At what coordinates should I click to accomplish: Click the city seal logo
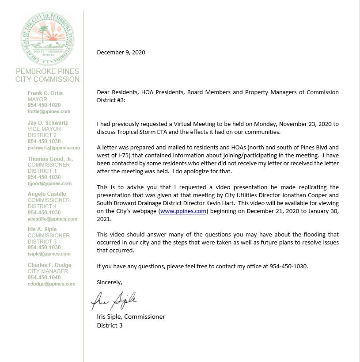click(x=47, y=38)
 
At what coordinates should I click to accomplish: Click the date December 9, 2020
click(x=121, y=52)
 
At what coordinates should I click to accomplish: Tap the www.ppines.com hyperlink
click(x=183, y=211)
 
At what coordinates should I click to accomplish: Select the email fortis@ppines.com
click(x=49, y=112)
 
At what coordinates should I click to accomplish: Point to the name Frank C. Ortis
click(x=45, y=93)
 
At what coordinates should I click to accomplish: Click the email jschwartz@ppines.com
click(x=54, y=148)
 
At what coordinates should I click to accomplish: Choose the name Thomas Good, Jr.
click(x=50, y=159)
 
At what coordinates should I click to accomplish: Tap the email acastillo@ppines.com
click(x=53, y=219)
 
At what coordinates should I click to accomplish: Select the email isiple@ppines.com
click(x=49, y=254)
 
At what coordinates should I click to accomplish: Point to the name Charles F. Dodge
click(x=49, y=265)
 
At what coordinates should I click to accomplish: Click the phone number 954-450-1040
click(x=44, y=278)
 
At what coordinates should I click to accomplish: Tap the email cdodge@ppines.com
click(x=51, y=284)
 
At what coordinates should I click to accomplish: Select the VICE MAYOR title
click(x=44, y=129)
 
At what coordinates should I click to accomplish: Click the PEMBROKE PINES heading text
click(x=47, y=71)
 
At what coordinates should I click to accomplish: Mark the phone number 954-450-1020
click(x=44, y=106)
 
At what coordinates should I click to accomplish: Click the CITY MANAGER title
click(x=48, y=271)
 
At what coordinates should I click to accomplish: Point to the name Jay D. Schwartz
click(x=48, y=123)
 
